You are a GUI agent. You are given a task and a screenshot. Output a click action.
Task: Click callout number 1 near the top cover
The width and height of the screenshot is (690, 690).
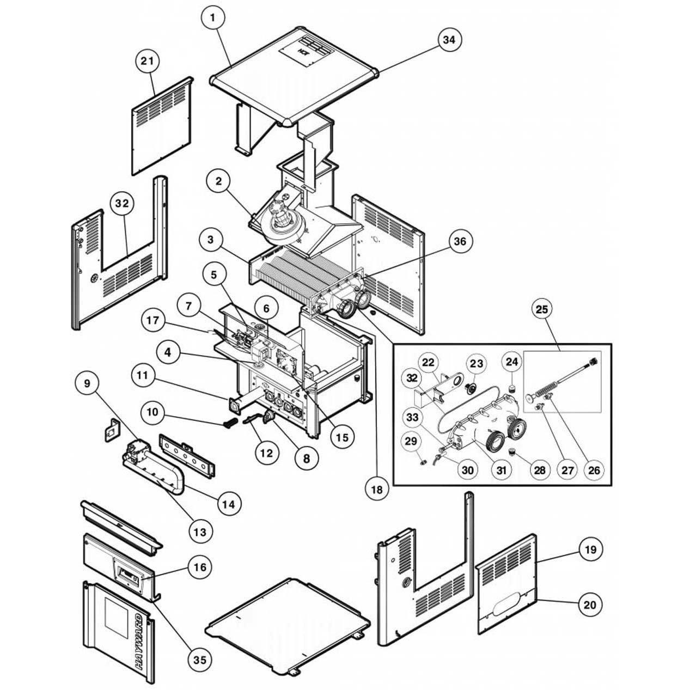[x=212, y=18]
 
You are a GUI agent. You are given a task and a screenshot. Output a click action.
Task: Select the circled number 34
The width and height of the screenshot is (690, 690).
[x=450, y=40]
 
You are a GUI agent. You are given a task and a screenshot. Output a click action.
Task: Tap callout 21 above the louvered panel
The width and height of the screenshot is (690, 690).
[x=146, y=62]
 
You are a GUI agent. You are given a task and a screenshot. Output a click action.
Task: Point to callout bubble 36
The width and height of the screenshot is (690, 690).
[x=460, y=241]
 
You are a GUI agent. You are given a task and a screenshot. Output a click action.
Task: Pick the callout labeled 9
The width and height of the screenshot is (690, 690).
[x=88, y=383]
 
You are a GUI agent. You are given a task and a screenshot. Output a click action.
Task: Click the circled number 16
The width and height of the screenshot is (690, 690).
[x=200, y=567]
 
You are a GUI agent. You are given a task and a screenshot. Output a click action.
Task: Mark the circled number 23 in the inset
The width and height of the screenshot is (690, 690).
[x=477, y=363]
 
